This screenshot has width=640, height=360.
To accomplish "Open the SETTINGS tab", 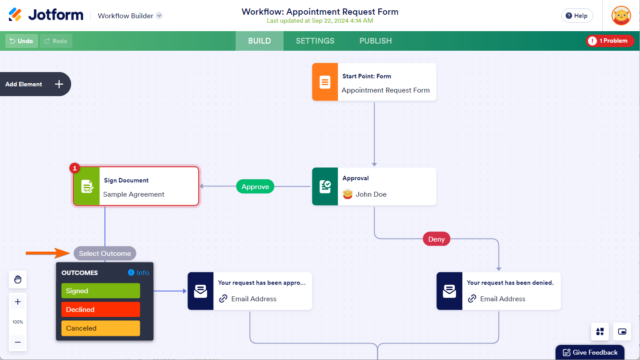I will [x=315, y=41].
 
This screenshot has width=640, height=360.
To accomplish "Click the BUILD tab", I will [x=260, y=41].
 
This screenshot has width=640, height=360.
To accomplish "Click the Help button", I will [x=575, y=16].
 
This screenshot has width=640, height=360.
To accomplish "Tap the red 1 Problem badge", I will [x=610, y=41].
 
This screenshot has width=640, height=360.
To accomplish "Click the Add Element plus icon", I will [x=58, y=84].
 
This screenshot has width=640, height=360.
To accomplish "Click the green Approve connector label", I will [x=256, y=186].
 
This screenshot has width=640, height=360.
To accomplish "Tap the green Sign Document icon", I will [x=87, y=187].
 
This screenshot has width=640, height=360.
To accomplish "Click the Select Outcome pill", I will [x=103, y=253].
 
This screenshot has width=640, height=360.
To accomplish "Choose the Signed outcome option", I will [x=100, y=291].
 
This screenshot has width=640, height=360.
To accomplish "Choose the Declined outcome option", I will [x=100, y=310].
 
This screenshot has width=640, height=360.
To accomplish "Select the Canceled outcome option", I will [x=100, y=328].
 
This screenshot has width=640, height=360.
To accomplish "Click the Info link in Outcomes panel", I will [x=138, y=272].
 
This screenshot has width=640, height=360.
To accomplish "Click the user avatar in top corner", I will [x=619, y=17].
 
